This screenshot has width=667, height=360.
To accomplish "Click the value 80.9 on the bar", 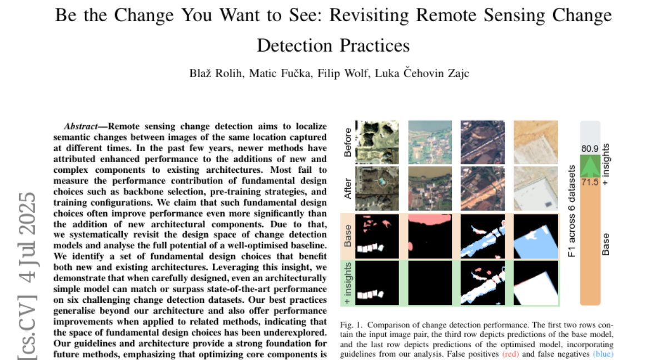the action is [590, 148].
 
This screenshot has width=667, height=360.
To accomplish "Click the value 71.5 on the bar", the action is [590, 182].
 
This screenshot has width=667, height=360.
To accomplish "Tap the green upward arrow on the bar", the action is [590, 166].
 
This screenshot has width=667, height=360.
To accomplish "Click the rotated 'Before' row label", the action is [347, 142].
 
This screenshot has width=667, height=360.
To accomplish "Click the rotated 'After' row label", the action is [347, 188].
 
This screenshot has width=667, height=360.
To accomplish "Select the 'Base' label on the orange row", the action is [347, 236].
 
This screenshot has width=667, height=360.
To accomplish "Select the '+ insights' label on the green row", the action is [347, 283].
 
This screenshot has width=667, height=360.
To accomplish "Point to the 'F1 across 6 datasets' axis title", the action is [571, 211].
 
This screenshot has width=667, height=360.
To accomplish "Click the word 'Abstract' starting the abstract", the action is [81, 127].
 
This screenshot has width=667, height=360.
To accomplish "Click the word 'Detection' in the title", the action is [295, 46].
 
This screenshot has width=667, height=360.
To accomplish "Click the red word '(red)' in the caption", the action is [510, 354].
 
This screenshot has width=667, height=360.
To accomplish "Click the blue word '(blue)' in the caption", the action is [603, 354].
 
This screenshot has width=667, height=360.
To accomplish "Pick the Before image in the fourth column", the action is [536, 142].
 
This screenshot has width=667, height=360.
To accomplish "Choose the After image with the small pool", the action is [377, 188].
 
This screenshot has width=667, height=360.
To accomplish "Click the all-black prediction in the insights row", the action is [430, 283].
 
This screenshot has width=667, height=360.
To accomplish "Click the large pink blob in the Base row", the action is [430, 219].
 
